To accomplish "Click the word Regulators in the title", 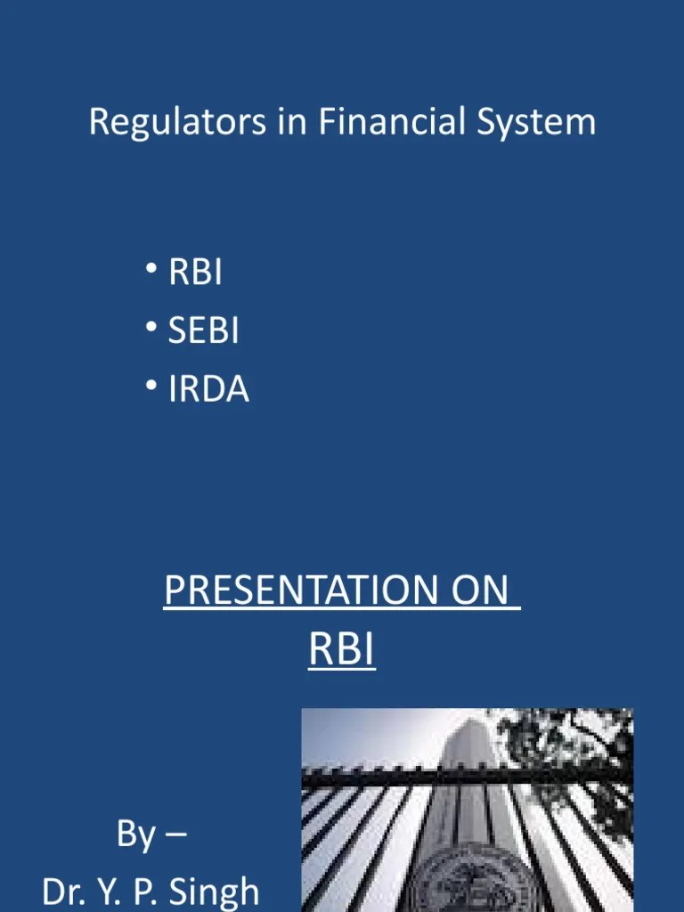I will pos(177,122).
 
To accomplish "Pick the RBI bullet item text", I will pos(195,273).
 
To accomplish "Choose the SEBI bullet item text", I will pos(204,331).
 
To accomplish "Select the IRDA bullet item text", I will pos(208,390).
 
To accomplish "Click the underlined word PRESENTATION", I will pos(304,591).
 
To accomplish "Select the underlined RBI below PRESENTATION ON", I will pos(342,650).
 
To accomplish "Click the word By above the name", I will pos(135,835).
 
